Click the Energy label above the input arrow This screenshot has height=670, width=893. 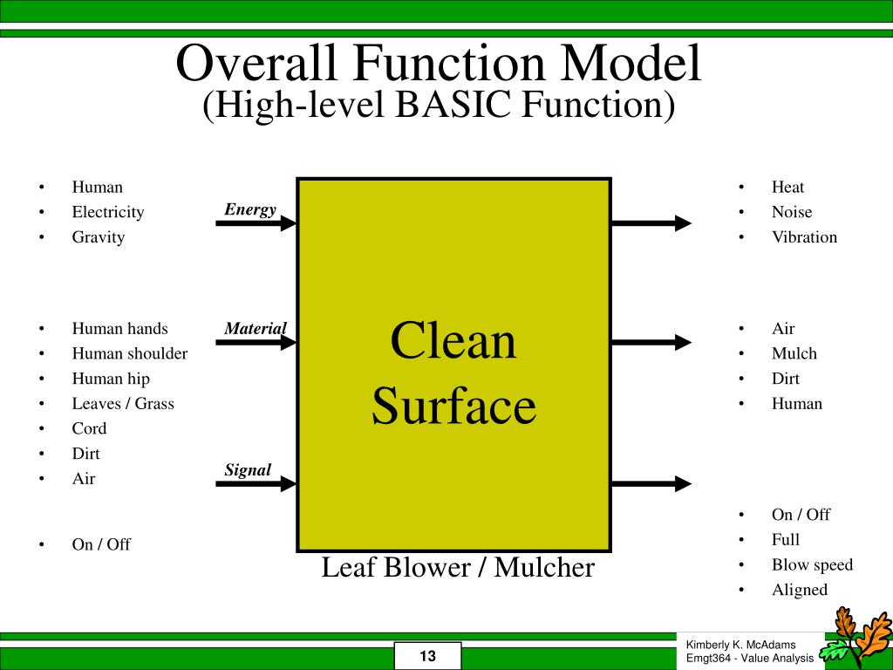coord(250,209)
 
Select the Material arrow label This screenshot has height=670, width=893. coord(256,329)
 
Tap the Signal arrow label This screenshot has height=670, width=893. coord(248,470)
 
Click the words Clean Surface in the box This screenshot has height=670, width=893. coord(453,373)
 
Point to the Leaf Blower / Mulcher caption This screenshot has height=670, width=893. coord(458,568)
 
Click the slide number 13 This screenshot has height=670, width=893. coord(427,656)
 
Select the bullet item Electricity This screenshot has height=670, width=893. coord(108,212)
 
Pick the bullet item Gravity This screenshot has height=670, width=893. coord(99,237)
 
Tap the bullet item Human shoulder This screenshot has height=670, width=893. coord(130,353)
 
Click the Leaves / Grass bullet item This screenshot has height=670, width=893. coord(123,403)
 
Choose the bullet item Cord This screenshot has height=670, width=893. coord(89,428)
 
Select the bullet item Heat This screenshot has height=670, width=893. coord(787,187)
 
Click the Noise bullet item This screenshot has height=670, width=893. coord(791,212)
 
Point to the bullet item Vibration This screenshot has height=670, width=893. coord(804,237)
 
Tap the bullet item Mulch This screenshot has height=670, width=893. coord(794,353)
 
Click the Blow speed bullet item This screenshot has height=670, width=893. coord(812,564)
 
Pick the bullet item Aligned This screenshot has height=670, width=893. coord(799,590)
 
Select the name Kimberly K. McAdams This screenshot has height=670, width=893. coord(740,644)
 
